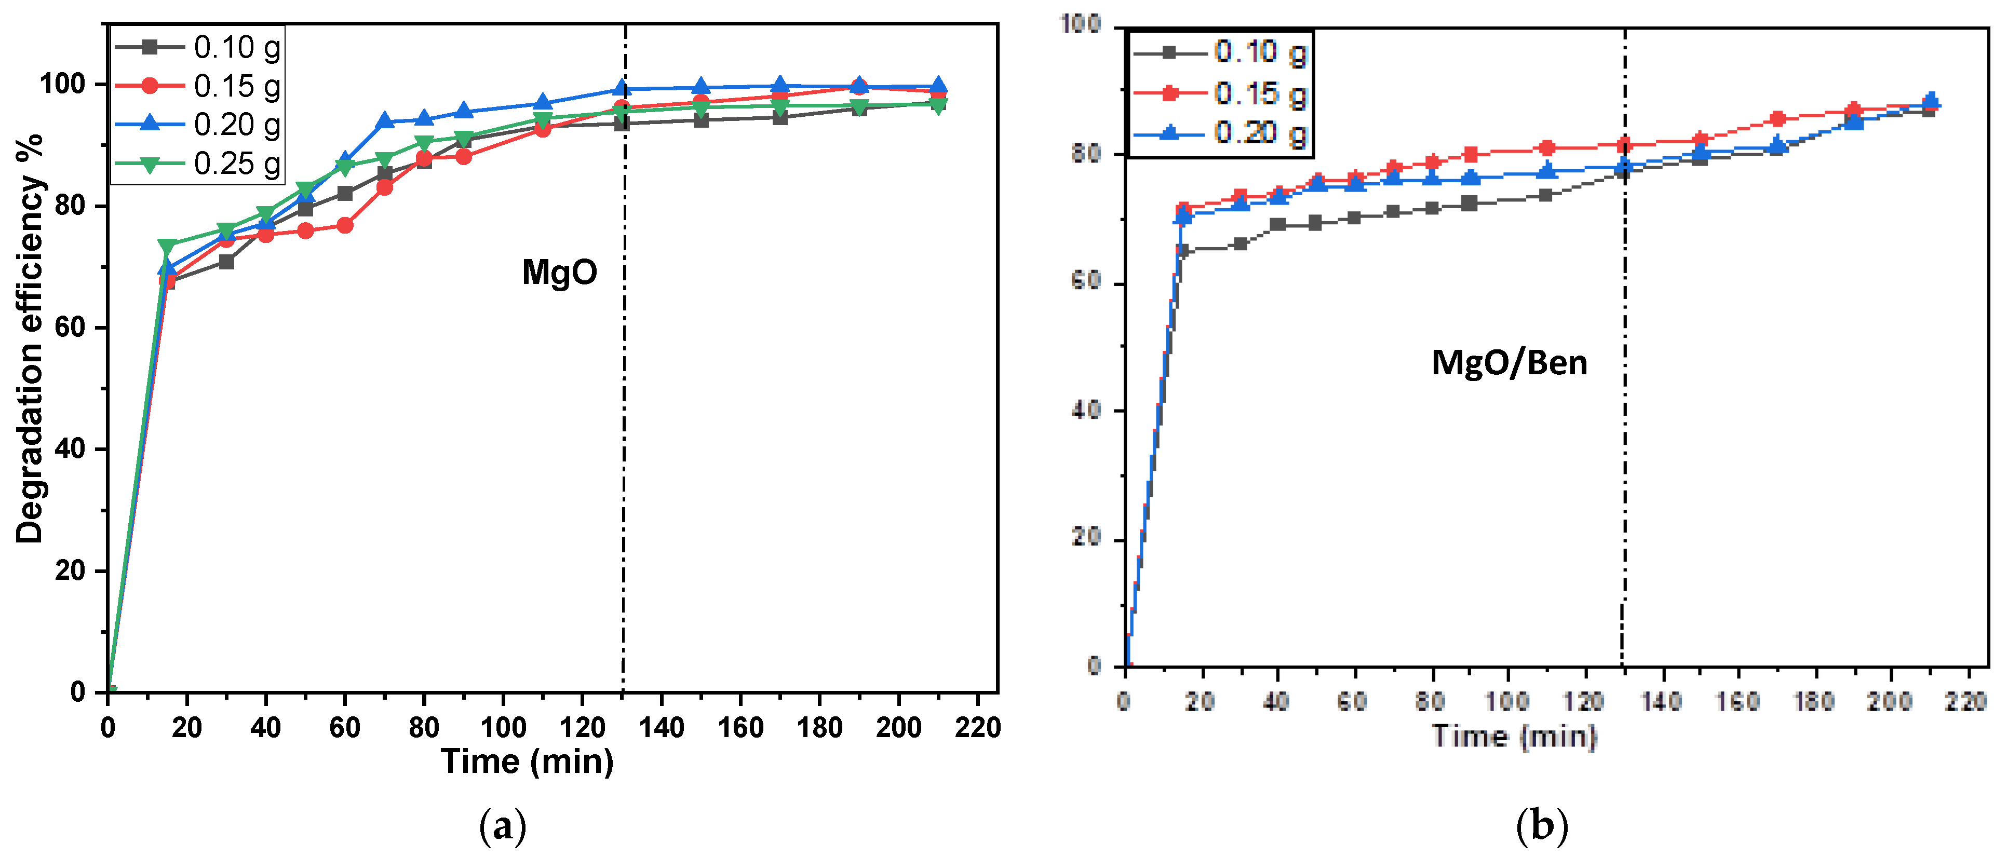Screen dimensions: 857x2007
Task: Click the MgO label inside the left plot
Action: coord(559,273)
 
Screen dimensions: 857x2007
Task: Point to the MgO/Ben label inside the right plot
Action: coord(1509,363)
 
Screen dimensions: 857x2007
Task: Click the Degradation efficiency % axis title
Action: coord(30,339)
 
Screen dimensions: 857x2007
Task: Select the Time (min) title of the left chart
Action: coord(528,761)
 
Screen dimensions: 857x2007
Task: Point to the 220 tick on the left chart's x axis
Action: coord(977,728)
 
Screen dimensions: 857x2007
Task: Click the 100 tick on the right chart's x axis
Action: coord(1507,702)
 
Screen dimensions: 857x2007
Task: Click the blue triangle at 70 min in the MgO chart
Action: coord(385,121)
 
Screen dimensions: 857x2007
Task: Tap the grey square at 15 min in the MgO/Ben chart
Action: coord(1182,251)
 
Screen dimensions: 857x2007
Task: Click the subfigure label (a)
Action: coord(503,826)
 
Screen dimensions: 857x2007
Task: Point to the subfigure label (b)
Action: coord(1542,826)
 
